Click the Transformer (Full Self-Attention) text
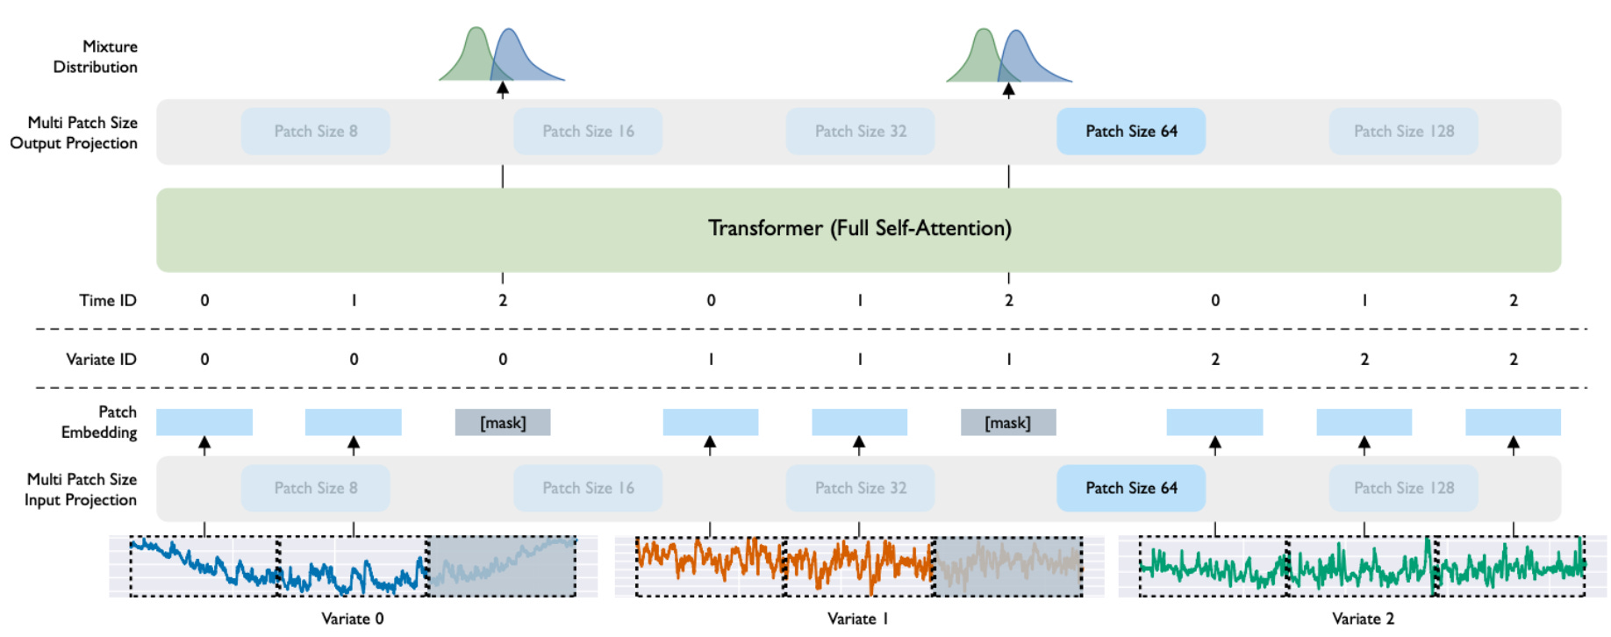[x=859, y=229]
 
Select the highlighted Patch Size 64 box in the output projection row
[x=1130, y=132]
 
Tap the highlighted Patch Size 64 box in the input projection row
[x=1130, y=488]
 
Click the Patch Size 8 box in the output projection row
[x=315, y=132]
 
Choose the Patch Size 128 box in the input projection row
[x=1403, y=488]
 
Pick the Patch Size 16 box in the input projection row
[x=588, y=488]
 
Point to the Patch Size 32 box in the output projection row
[x=860, y=132]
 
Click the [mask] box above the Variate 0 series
[x=503, y=423]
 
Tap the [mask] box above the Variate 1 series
[x=1008, y=423]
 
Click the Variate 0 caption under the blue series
[x=352, y=619]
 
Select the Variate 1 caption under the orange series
[x=857, y=619]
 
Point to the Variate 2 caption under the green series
[x=1363, y=619]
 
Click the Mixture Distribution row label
[x=96, y=56]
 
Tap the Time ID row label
[x=108, y=300]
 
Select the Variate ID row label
[x=101, y=359]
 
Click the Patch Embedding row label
[x=99, y=422]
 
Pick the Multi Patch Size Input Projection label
[x=81, y=490]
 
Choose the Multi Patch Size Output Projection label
[x=75, y=132]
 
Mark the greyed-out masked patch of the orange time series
[x=1007, y=567]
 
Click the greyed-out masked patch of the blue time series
[x=502, y=567]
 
